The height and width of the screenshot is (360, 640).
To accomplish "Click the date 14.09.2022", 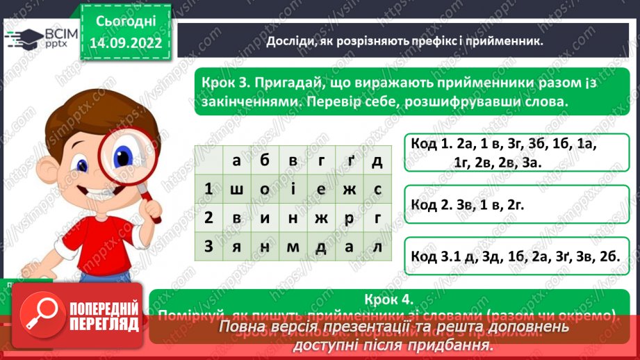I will click(126, 42).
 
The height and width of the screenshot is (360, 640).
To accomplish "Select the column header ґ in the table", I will click(348, 161).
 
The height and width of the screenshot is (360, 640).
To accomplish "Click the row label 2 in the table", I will click(208, 218).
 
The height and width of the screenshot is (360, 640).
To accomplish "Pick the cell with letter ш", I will click(237, 189).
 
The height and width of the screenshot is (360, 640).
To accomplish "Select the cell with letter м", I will click(293, 247).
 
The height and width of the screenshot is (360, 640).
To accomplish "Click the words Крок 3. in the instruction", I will click(224, 82).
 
